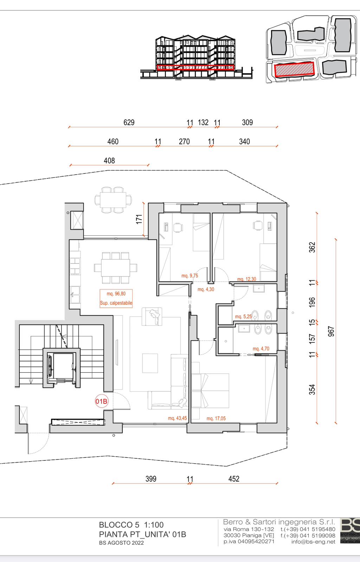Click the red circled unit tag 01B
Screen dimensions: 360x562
pyautogui.click(x=101, y=401)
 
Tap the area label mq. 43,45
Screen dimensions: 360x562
pyautogui.click(x=178, y=418)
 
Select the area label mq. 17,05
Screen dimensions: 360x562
pyautogui.click(x=216, y=418)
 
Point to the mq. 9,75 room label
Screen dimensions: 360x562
pyautogui.click(x=190, y=276)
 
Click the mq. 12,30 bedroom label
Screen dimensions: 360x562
pyautogui.click(x=247, y=279)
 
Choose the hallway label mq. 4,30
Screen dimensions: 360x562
pyautogui.click(x=206, y=289)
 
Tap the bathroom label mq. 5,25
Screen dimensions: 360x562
pyautogui.click(x=243, y=316)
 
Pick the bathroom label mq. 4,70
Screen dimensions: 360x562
pyautogui.click(x=261, y=349)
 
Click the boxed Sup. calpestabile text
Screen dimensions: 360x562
pyautogui.click(x=116, y=303)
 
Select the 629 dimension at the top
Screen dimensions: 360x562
pyautogui.click(x=129, y=123)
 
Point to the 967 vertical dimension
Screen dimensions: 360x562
pyautogui.click(x=331, y=332)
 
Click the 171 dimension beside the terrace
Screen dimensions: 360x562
pyautogui.click(x=139, y=219)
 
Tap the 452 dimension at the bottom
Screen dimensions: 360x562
pyautogui.click(x=234, y=479)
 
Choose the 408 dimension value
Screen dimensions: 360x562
pyautogui.click(x=109, y=161)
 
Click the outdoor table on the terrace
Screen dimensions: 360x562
pyautogui.click(x=113, y=200)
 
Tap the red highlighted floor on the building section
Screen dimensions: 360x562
pyautogui.click(x=195, y=67)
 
